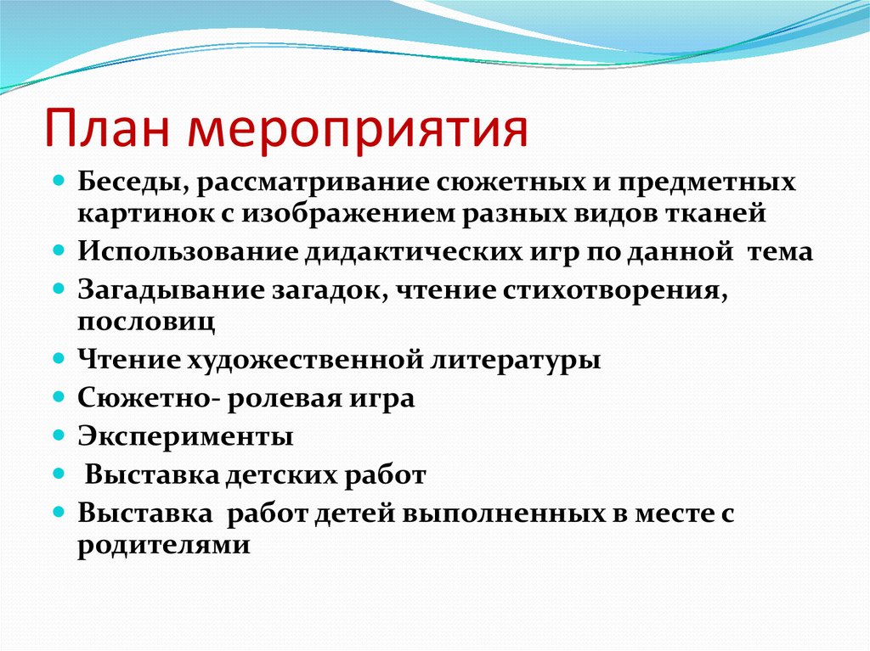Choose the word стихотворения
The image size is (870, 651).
pos(611,290)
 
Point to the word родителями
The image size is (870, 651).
pos(164,544)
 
